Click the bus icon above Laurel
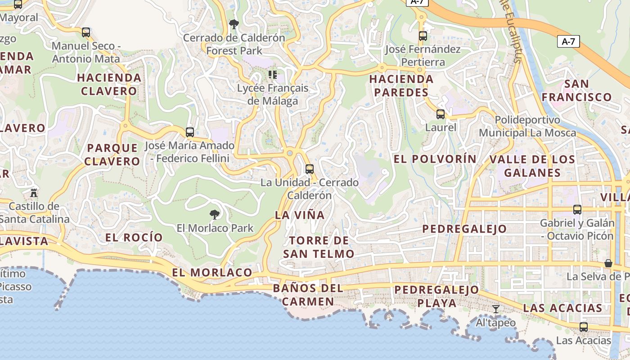coord(441,114)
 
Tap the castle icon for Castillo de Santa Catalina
coord(34,193)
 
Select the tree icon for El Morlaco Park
coord(215,214)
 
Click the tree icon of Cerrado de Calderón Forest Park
coord(234,24)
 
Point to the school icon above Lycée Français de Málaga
coord(272,74)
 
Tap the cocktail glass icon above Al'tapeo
coord(496,309)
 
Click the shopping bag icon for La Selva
coord(608,263)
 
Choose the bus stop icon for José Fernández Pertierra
coord(423,36)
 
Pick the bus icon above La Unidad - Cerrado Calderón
coord(309,169)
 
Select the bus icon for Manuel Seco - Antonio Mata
coord(86,32)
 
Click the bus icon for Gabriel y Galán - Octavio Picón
coord(577,209)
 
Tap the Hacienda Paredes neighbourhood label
coord(401,86)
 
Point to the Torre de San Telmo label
coord(319,247)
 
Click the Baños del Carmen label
coord(308,295)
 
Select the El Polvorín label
coord(435,159)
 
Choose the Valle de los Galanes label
coord(532,166)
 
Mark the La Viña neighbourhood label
coord(300,215)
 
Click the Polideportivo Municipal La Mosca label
coord(527,126)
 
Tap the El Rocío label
coord(134,237)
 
